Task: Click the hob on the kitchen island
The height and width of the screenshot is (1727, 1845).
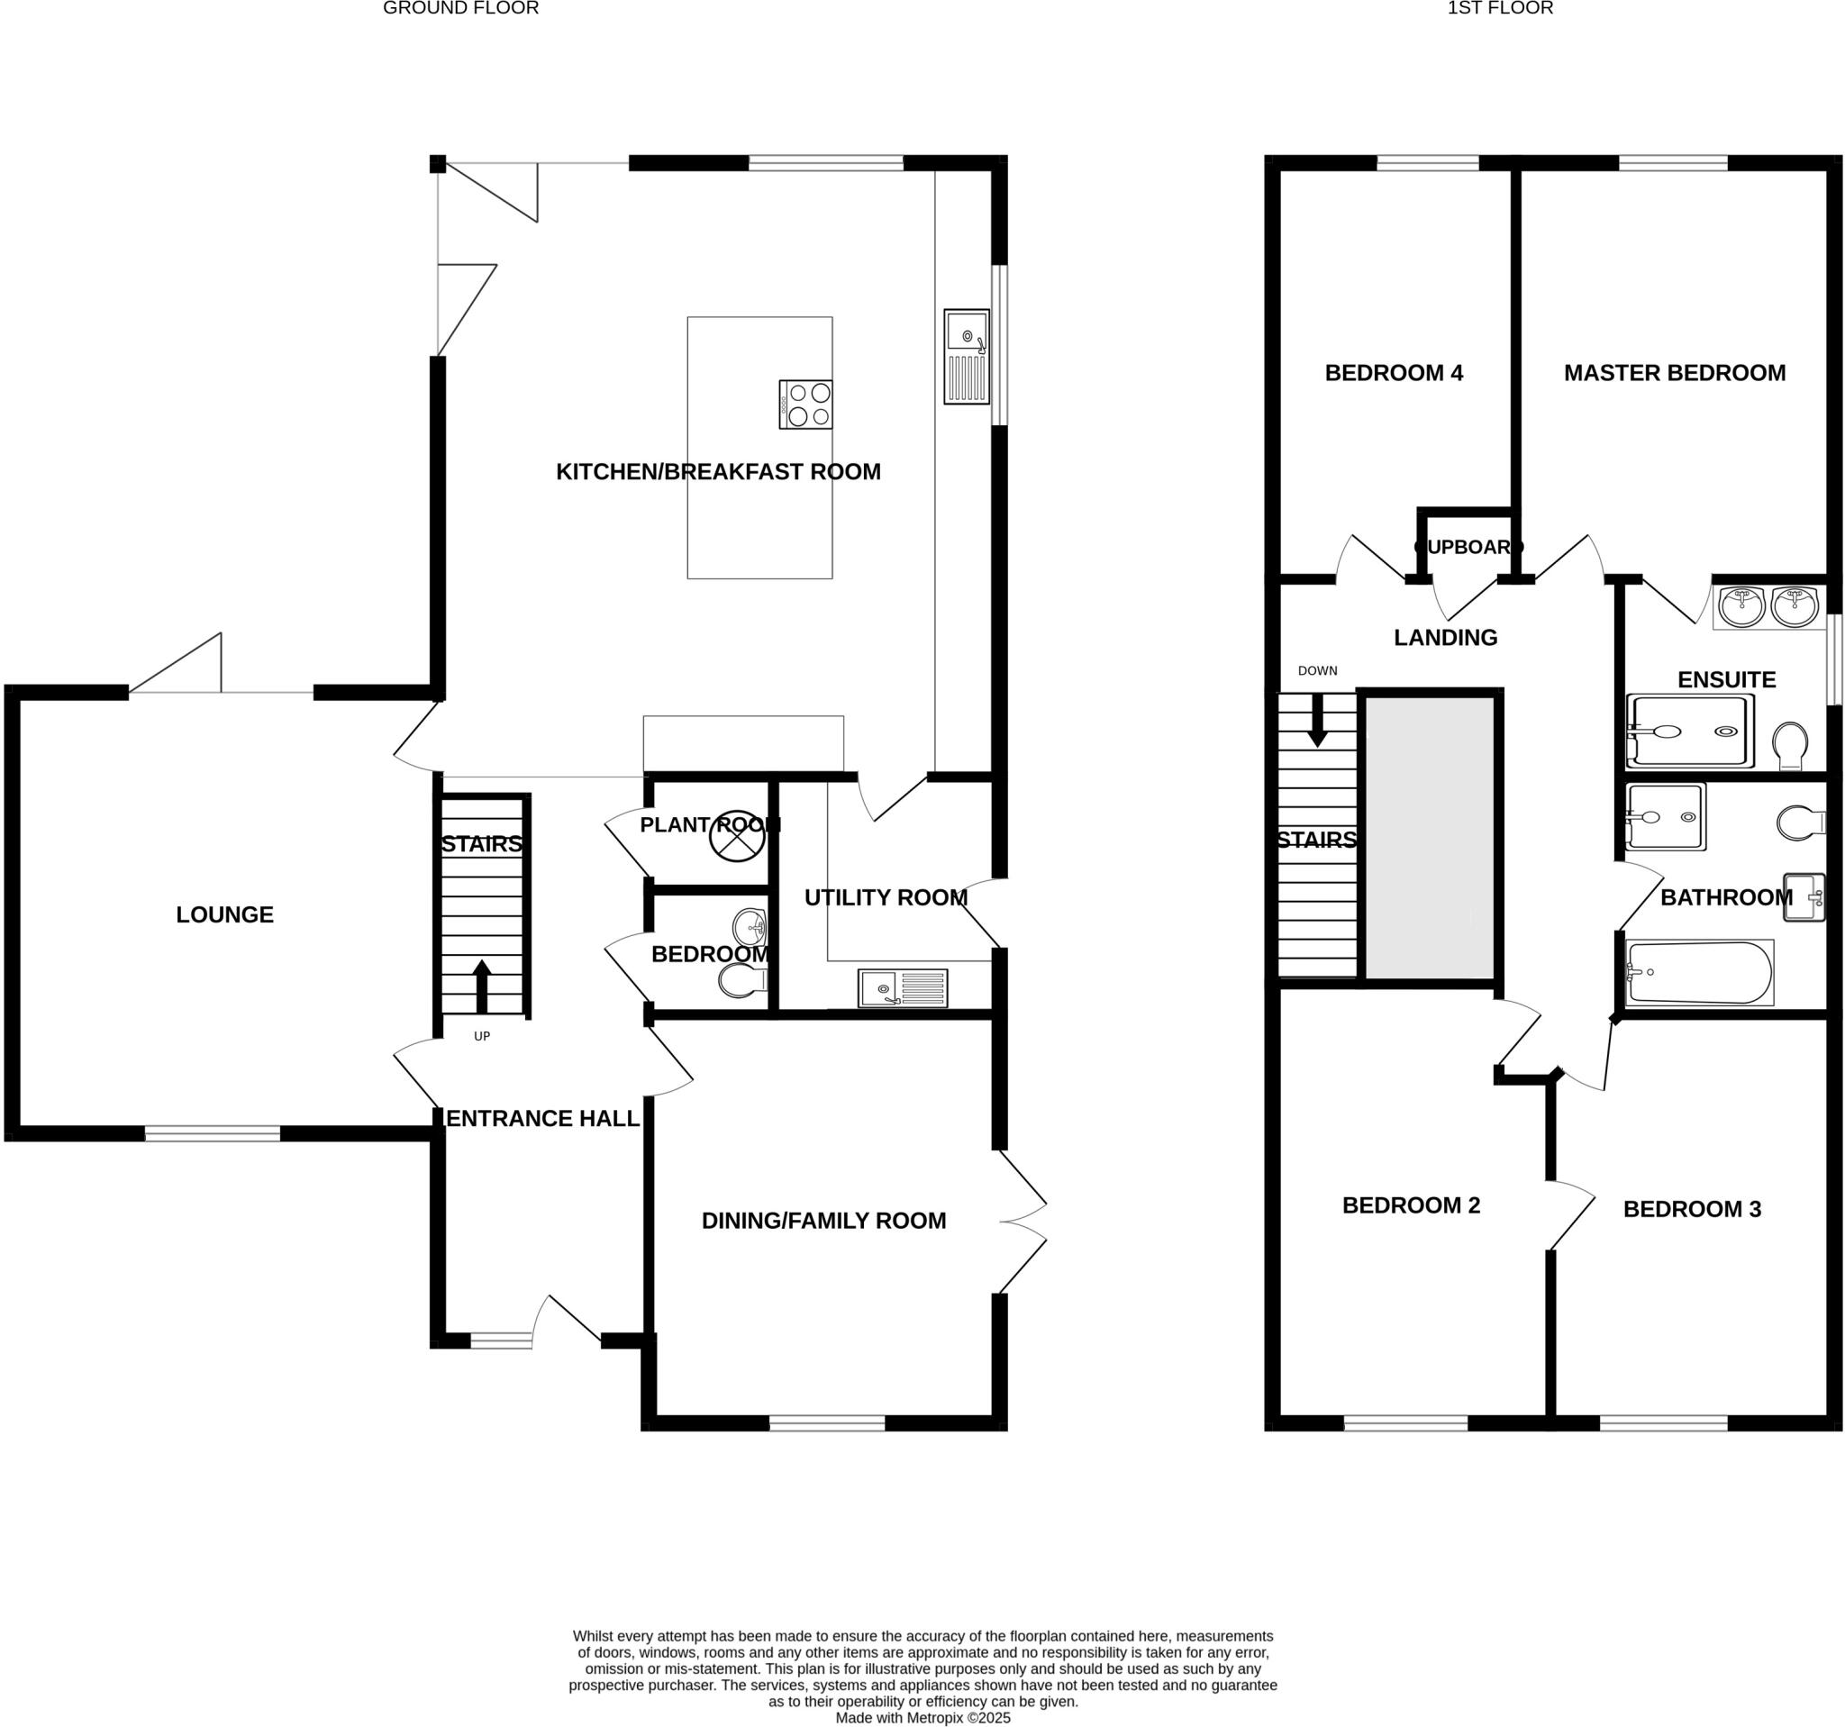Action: pyautogui.click(x=805, y=404)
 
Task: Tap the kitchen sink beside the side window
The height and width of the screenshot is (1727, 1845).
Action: pyautogui.click(x=966, y=357)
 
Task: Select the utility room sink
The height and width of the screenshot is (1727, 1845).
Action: pyautogui.click(x=902, y=987)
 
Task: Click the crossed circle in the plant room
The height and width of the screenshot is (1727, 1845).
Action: pyautogui.click(x=737, y=836)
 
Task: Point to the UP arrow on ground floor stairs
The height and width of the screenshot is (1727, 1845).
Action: pyautogui.click(x=482, y=986)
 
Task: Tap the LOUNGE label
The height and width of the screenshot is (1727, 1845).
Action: pyautogui.click(x=224, y=915)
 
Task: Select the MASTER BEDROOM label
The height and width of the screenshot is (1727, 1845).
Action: pyautogui.click(x=1674, y=373)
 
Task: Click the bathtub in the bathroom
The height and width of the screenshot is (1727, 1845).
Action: pyautogui.click(x=1699, y=973)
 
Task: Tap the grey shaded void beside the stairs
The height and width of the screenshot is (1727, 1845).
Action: pyautogui.click(x=1429, y=837)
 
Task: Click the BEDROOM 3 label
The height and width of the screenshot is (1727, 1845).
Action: pyautogui.click(x=1691, y=1209)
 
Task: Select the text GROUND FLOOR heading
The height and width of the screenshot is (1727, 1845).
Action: pyautogui.click(x=460, y=8)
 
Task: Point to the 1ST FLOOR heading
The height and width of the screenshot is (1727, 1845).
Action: pyautogui.click(x=1500, y=8)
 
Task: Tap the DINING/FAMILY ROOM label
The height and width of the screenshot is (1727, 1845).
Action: pyautogui.click(x=823, y=1221)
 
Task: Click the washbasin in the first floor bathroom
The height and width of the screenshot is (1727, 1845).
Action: pyautogui.click(x=1804, y=897)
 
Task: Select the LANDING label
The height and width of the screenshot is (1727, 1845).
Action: pyautogui.click(x=1445, y=638)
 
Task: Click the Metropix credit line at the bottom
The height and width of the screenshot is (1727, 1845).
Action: pyautogui.click(x=922, y=1718)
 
